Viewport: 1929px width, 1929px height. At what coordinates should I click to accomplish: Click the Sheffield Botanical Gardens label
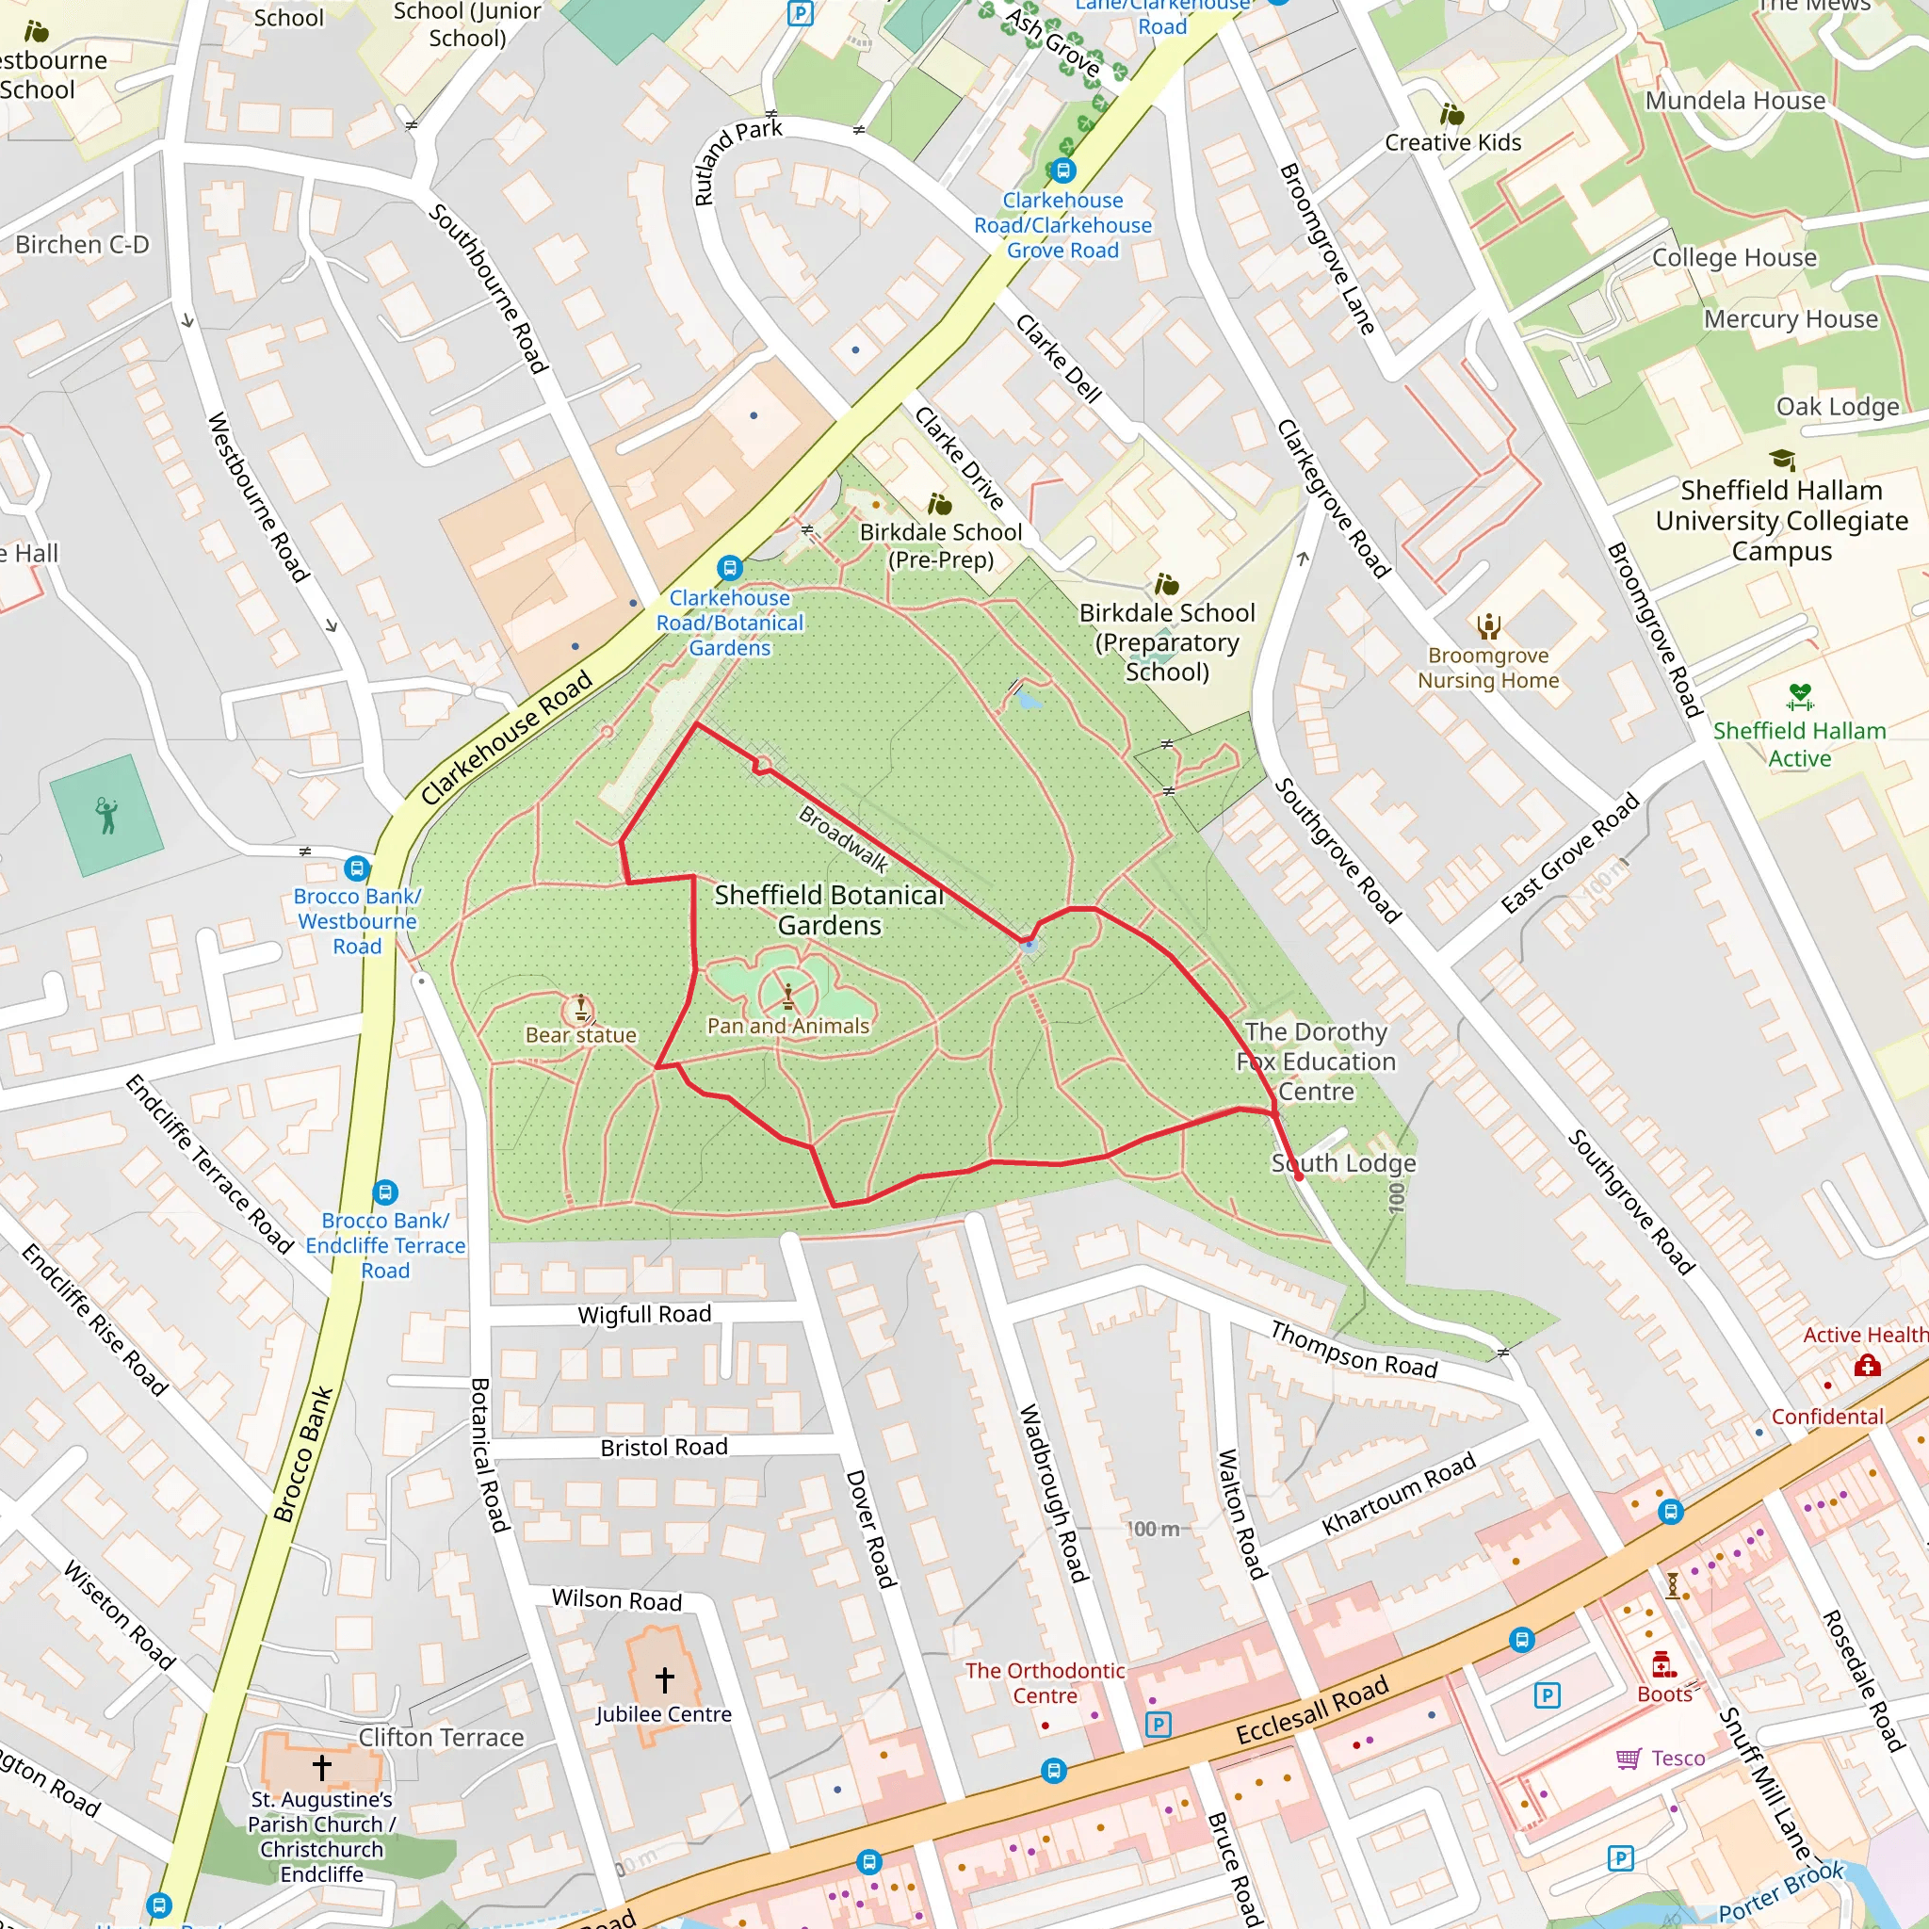(829, 910)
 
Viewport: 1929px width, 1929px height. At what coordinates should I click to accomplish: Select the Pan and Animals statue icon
(787, 996)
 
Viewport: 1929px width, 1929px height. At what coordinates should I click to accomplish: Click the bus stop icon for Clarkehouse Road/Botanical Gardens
(730, 568)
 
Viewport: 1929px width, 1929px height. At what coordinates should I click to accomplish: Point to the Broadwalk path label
(844, 838)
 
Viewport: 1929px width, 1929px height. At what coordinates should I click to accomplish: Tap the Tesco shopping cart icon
(1629, 1759)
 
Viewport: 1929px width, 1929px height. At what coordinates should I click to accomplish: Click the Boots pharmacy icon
(1662, 1663)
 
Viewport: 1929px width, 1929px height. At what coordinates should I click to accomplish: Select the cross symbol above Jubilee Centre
(664, 1678)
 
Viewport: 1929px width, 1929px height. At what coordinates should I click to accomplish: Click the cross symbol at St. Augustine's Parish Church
(321, 1767)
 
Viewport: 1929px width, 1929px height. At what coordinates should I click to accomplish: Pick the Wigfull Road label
(644, 1314)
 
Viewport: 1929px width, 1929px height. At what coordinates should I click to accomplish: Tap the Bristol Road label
(664, 1447)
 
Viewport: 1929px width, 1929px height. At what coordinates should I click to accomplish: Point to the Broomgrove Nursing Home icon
(1489, 626)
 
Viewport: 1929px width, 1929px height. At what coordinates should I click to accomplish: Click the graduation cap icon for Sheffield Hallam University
(1782, 460)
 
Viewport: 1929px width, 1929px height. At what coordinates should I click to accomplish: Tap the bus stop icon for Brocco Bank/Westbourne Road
(356, 867)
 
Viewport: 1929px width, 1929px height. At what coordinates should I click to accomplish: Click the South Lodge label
(1343, 1162)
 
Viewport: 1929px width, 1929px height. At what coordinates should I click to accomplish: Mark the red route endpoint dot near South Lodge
(1298, 1177)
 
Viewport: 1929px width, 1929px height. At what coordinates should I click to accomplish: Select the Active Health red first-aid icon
(1867, 1365)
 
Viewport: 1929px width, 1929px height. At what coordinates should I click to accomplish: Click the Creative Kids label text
(1452, 143)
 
